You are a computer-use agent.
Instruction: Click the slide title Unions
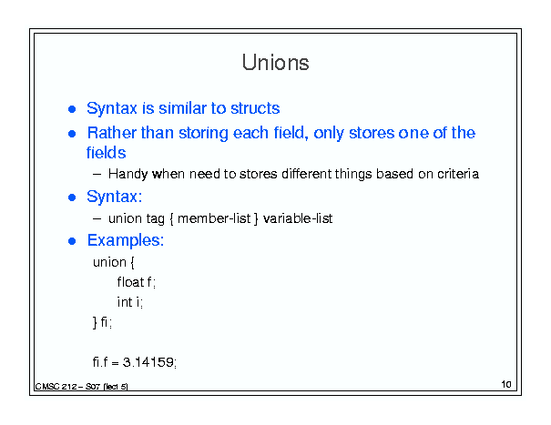[x=275, y=63]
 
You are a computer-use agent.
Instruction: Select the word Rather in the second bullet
[x=112, y=133]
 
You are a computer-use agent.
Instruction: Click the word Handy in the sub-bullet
[x=128, y=174]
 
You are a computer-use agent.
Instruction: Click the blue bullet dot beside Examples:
[x=72, y=241]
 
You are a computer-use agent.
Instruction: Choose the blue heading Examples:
[x=126, y=240]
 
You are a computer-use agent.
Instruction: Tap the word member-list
[x=214, y=218]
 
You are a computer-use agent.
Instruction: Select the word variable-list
[x=298, y=218]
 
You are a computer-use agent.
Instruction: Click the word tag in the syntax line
[x=156, y=219]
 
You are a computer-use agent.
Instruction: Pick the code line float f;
[x=137, y=282]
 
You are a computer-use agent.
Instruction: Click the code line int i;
[x=130, y=302]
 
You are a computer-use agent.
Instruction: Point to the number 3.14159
[x=148, y=362]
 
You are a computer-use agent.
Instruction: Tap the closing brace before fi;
[x=95, y=322]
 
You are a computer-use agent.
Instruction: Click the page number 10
[x=506, y=384]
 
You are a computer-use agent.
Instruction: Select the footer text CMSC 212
[x=56, y=387]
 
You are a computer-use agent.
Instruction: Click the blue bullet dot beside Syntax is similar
[x=72, y=109]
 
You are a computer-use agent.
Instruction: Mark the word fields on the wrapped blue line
[x=107, y=153]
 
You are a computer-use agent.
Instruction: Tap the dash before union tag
[x=97, y=218]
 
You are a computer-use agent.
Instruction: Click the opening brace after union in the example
[x=132, y=262]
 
